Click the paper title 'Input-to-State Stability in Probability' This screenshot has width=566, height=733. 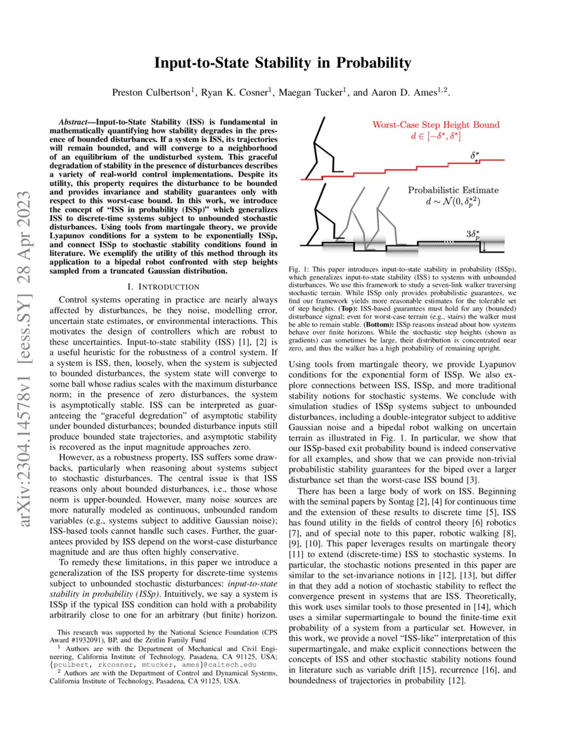click(282, 63)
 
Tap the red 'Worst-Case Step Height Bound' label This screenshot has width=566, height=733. click(435, 125)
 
